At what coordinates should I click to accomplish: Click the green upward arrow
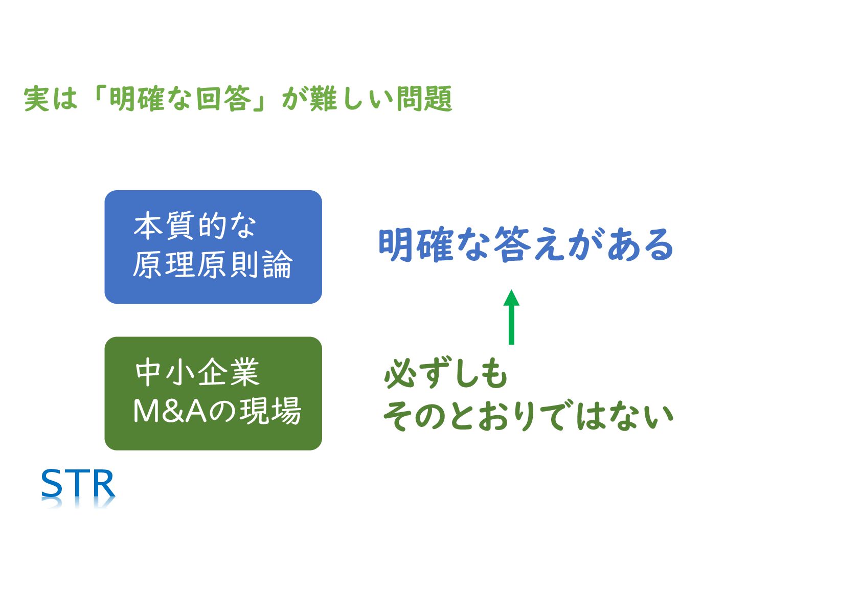click(x=511, y=317)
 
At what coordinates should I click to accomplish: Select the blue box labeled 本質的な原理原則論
click(x=213, y=247)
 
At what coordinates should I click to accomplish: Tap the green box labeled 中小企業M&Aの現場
click(x=213, y=393)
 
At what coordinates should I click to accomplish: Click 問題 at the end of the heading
click(x=424, y=99)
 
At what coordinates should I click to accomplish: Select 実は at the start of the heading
click(x=50, y=99)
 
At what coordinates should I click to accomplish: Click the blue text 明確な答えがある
click(x=526, y=245)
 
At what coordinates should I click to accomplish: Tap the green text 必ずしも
click(x=445, y=374)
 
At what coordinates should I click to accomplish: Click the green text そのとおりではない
click(x=528, y=416)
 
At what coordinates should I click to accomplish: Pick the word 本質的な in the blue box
click(x=194, y=226)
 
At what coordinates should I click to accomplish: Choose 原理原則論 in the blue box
click(x=212, y=265)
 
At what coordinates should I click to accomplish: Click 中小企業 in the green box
click(x=197, y=373)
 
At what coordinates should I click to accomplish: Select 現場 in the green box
click(x=271, y=411)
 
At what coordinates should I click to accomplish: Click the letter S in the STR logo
click(x=52, y=484)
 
